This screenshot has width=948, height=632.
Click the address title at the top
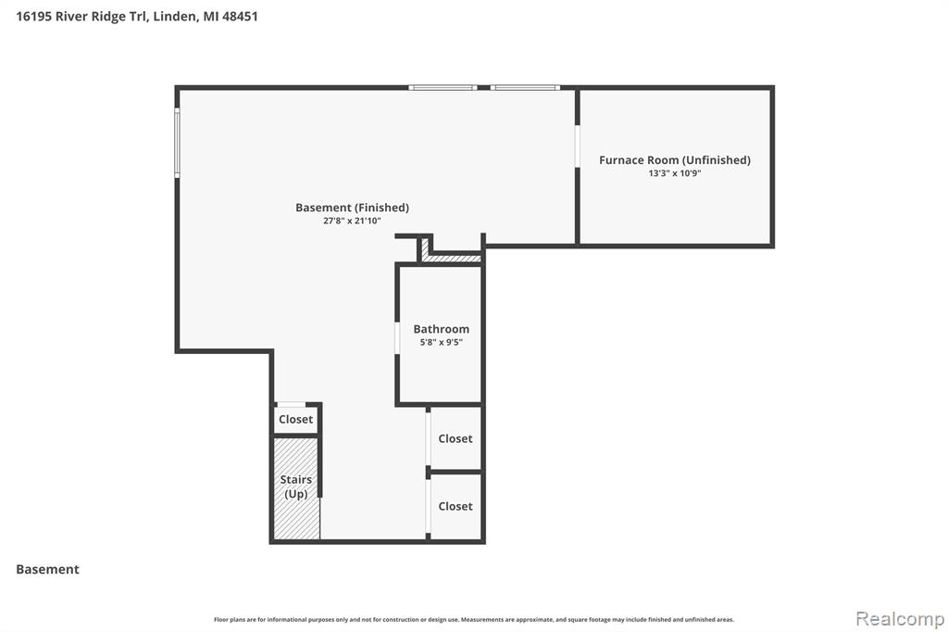click(x=137, y=17)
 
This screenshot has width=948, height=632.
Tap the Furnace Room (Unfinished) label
click(x=675, y=159)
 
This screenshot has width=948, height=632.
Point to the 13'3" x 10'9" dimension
click(x=675, y=173)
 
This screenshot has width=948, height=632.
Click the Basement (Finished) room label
click(x=352, y=208)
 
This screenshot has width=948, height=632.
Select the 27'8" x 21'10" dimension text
click(x=352, y=221)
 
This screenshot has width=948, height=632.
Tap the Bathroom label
click(x=442, y=329)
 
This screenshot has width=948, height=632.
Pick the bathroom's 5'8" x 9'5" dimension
click(x=442, y=342)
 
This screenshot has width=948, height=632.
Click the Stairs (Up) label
click(x=295, y=487)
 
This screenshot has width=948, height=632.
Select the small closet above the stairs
click(x=295, y=419)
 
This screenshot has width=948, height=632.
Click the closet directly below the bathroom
click(x=455, y=438)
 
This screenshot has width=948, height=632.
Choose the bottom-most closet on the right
click(x=455, y=506)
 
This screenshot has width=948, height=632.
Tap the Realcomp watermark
click(x=900, y=619)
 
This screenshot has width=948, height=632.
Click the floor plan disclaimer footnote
click(x=474, y=619)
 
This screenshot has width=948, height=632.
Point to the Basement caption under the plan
click(x=48, y=569)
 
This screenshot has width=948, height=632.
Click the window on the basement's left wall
click(x=177, y=143)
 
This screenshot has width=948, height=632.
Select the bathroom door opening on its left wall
click(x=397, y=338)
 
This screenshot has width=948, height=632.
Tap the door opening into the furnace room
click(x=578, y=146)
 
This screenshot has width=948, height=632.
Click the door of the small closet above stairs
click(x=291, y=404)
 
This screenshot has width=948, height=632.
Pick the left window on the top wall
click(x=443, y=88)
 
